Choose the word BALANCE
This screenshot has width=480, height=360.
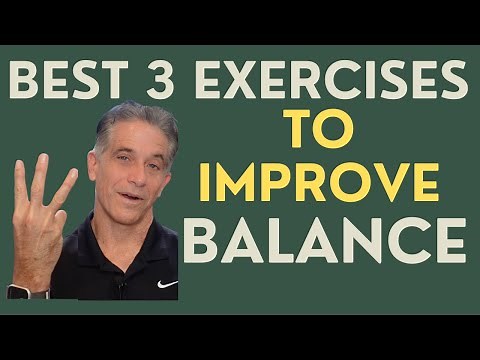click(325, 243)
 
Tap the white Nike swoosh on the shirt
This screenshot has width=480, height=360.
click(166, 284)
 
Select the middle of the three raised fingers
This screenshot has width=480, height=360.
click(40, 180)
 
